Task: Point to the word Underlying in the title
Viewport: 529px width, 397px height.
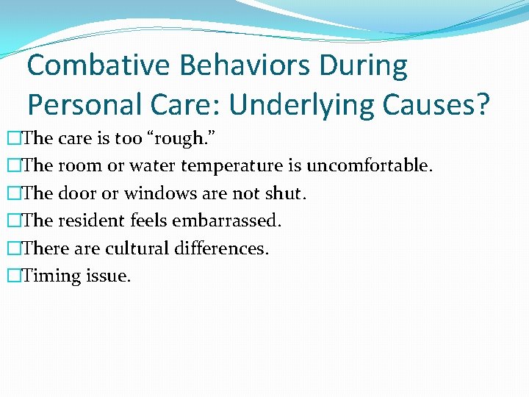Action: tap(310, 105)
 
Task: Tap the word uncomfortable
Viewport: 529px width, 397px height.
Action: tap(369, 166)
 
